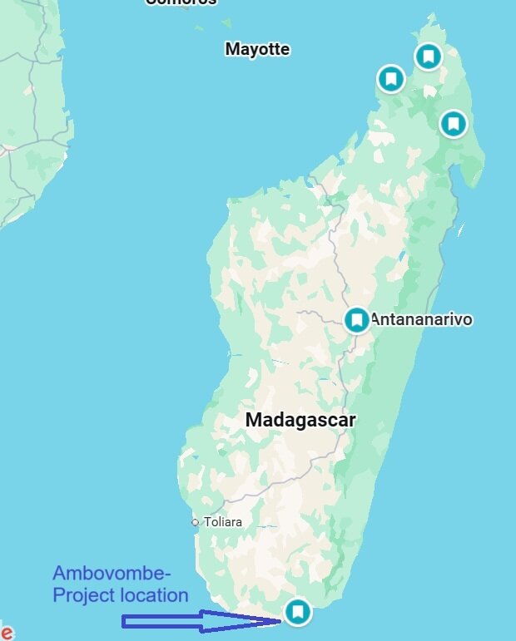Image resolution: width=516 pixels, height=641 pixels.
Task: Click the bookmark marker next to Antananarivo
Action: [x=357, y=319]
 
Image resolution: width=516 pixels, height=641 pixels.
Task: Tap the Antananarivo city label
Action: [x=421, y=319]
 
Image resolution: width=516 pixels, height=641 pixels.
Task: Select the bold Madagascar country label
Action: [x=300, y=420]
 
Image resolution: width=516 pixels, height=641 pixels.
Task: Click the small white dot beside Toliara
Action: [x=195, y=522]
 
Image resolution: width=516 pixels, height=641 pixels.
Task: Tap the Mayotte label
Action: [x=257, y=49]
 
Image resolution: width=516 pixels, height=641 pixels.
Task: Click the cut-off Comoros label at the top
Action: [x=181, y=2]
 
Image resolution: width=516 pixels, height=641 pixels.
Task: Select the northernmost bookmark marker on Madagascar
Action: [x=429, y=57]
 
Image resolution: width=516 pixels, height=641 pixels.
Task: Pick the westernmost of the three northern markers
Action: [x=390, y=79]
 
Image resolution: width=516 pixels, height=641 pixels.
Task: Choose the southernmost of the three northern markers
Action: [x=453, y=124]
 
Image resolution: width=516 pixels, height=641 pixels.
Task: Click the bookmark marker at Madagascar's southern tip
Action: [x=297, y=612]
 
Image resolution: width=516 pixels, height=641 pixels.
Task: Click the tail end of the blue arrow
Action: [x=125, y=621]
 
